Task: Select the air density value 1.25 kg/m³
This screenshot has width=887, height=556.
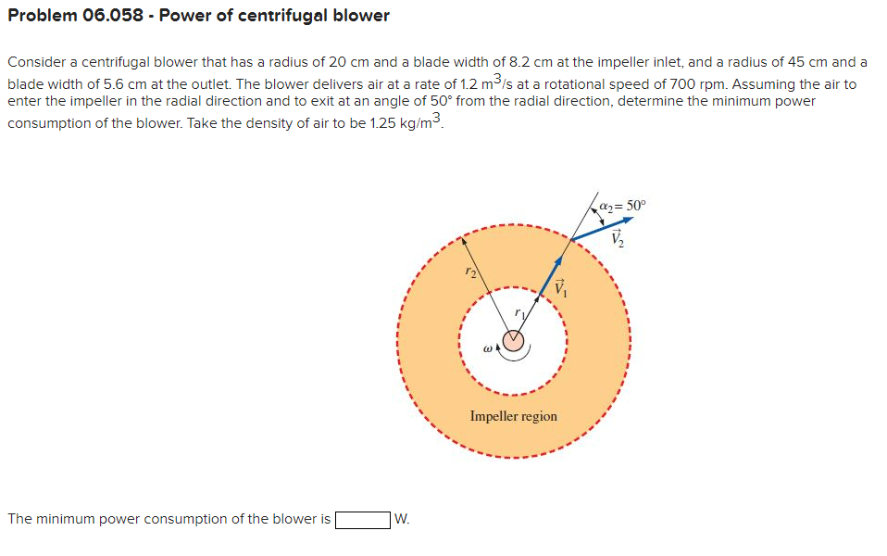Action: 399,123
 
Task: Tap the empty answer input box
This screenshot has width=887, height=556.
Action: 362,519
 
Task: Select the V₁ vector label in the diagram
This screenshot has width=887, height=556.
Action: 558,288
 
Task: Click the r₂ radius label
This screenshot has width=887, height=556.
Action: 471,272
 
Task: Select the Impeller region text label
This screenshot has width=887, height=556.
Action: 513,416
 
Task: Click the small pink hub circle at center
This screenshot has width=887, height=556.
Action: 513,341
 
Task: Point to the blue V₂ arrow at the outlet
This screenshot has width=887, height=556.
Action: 602,229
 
